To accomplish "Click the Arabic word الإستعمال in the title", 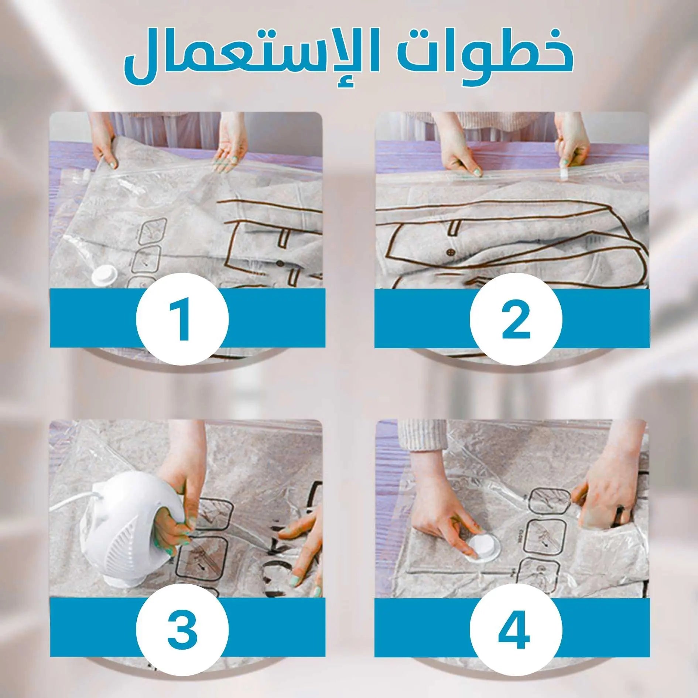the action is (x=251, y=59).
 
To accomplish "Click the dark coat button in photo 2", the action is (x=450, y=253).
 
